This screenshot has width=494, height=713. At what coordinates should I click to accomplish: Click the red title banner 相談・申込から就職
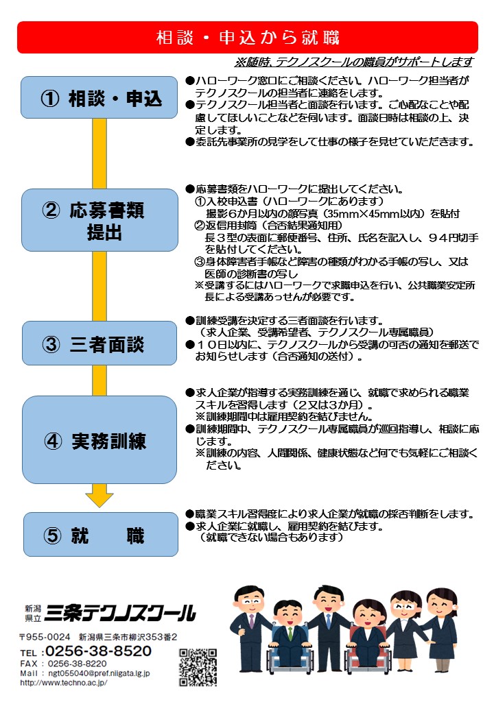(248, 37)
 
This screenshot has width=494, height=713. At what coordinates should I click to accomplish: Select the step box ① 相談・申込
(99, 97)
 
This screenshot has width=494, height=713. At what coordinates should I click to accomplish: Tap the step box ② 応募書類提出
(99, 220)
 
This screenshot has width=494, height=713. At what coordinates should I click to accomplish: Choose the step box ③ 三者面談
(99, 343)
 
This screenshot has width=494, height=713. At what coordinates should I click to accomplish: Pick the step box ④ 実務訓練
(99, 439)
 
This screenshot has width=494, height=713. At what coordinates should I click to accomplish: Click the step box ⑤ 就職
(101, 534)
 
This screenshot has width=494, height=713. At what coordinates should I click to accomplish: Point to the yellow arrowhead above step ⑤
(99, 499)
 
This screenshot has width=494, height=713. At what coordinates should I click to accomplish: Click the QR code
(198, 667)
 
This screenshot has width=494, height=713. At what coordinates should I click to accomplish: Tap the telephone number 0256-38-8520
(98, 651)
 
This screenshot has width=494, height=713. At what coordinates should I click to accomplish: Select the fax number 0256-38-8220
(78, 664)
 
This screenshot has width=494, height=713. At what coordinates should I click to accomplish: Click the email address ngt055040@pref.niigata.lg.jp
(99, 673)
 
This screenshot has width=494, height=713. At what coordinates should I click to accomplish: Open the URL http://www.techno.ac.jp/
(64, 683)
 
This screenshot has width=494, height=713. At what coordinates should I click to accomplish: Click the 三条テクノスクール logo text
(121, 613)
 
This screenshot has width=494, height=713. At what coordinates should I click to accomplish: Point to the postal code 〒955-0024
(45, 637)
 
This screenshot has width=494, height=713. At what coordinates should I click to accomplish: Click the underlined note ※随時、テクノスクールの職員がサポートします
(354, 62)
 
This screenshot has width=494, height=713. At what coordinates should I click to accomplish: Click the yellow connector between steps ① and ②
(99, 154)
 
